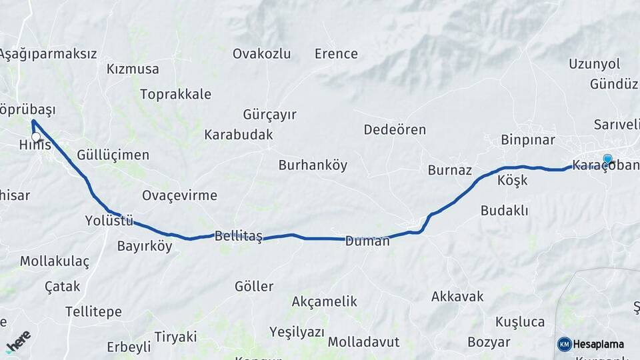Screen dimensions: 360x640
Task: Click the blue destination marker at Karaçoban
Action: (607, 159)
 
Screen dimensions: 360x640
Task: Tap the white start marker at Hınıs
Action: (36, 137)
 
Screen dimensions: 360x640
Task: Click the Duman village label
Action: (367, 241)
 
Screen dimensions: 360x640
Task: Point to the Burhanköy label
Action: (313, 165)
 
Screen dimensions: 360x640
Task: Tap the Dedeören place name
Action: (395, 129)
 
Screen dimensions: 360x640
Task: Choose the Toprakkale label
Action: (175, 94)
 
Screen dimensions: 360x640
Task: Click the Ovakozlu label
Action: (262, 54)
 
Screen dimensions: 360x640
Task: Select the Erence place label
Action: (336, 54)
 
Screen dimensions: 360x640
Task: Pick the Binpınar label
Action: (528, 140)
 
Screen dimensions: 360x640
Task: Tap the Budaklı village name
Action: (504, 211)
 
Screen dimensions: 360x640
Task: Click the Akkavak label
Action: (457, 296)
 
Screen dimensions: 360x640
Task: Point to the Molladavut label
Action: (363, 342)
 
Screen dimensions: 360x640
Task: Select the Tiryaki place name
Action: (175, 336)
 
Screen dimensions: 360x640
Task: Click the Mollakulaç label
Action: (54, 261)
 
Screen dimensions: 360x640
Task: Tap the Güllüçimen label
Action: (113, 155)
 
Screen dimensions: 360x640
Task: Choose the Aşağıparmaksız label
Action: (49, 54)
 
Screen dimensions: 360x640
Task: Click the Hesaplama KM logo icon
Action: (565, 344)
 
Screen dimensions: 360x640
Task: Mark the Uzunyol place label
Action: (594, 64)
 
